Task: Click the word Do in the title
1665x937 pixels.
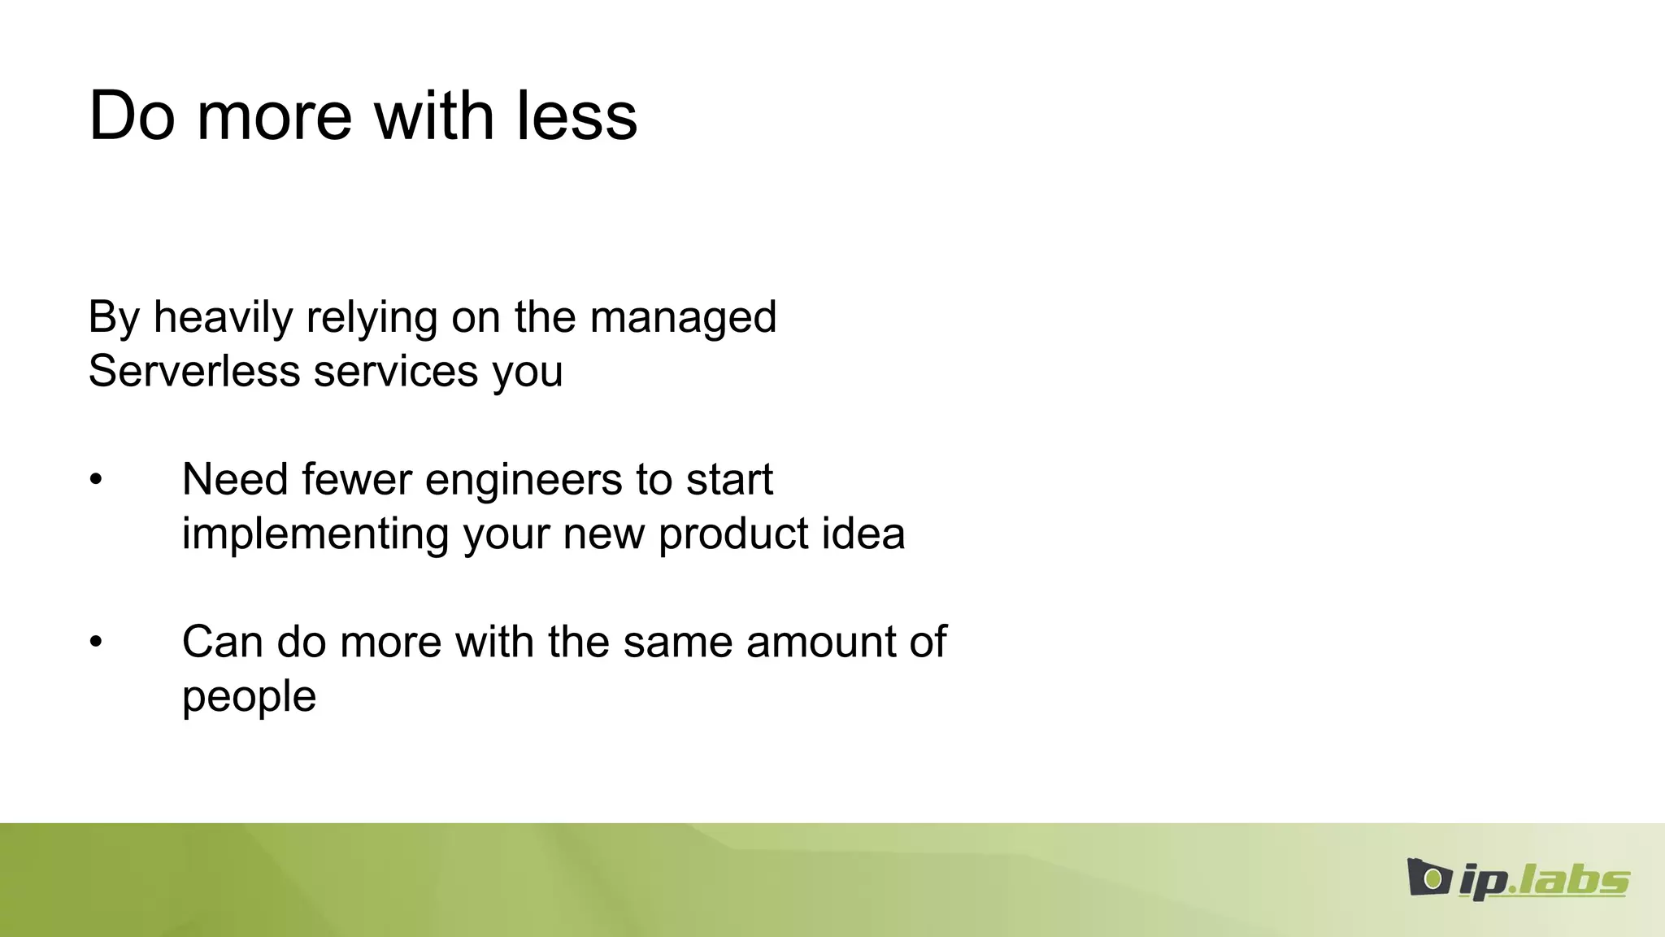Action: pyautogui.click(x=132, y=116)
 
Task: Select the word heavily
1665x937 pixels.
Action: pyautogui.click(x=223, y=317)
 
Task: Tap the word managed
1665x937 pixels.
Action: pyautogui.click(x=683, y=317)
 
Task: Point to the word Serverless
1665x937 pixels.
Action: pyautogui.click(x=194, y=372)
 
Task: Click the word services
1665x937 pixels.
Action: pyautogui.click(x=396, y=372)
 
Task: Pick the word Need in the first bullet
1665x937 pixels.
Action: pyautogui.click(x=235, y=479)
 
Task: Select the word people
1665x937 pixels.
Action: pyautogui.click(x=249, y=698)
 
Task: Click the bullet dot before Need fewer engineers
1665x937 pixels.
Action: pyautogui.click(x=96, y=480)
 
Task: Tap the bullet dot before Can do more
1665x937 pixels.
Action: pyautogui.click(x=96, y=643)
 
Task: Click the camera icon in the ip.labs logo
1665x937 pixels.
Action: pyautogui.click(x=1429, y=878)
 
